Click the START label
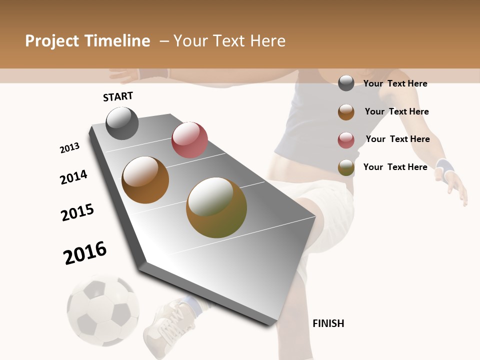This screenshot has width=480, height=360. [x=118, y=96]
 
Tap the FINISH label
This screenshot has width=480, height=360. [x=328, y=323]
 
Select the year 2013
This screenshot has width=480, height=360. [x=69, y=148]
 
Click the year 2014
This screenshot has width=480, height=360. [x=73, y=177]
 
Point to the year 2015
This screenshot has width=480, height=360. [x=77, y=212]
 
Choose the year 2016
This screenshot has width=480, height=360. [x=85, y=252]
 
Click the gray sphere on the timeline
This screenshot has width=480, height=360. [x=122, y=123]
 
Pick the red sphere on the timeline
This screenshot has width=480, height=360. [x=189, y=140]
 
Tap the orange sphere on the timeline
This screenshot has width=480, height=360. [x=145, y=180]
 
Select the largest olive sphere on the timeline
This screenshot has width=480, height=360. [x=216, y=207]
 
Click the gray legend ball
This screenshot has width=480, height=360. [x=346, y=83]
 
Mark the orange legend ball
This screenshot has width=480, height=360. [x=346, y=112]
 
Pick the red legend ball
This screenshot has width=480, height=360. [x=346, y=140]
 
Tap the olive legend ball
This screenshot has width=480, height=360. [x=346, y=167]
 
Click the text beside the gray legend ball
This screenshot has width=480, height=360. [x=395, y=83]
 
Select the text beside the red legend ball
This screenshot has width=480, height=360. [x=397, y=139]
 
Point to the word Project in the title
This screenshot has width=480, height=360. [x=51, y=41]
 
